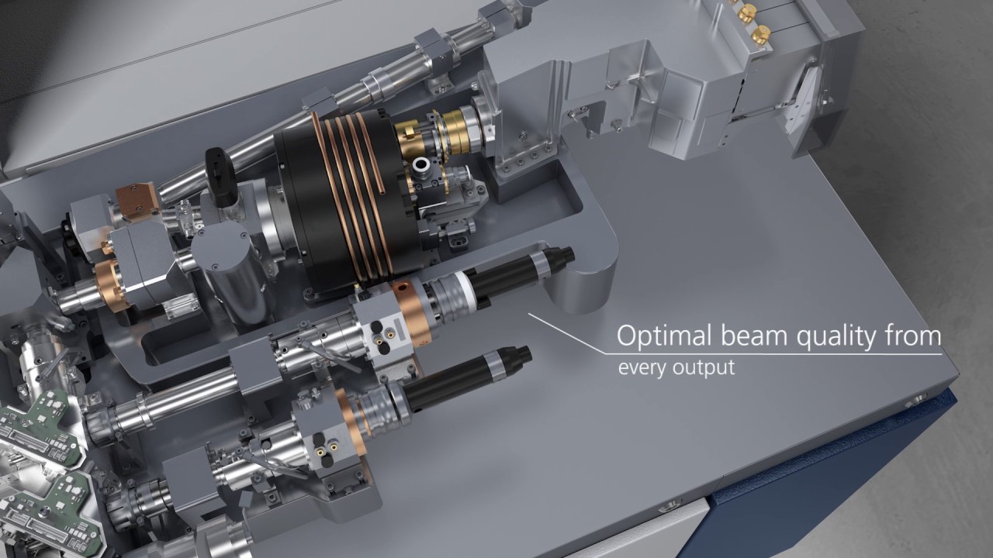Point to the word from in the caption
coord(913,336)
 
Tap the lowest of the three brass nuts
coord(760,34)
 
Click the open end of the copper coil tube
coord(382,191)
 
